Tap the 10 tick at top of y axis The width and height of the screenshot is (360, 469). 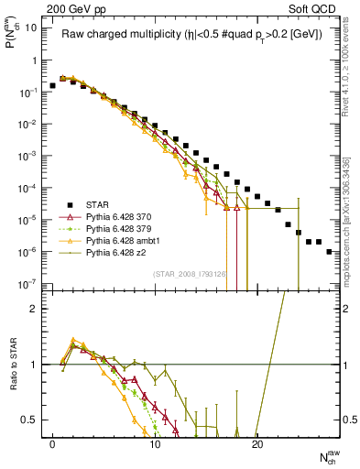click(31, 27)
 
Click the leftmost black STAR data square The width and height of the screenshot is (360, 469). click(52, 85)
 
